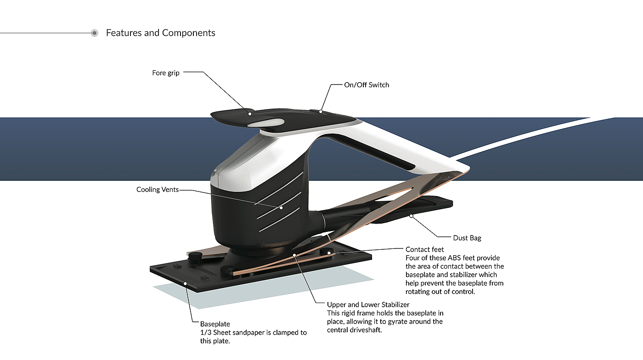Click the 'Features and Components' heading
(x=160, y=33)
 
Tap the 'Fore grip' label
(x=166, y=73)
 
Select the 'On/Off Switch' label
(x=367, y=85)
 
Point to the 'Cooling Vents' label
(x=158, y=190)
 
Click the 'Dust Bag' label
(x=467, y=238)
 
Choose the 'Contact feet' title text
(x=424, y=250)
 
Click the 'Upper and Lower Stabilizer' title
(x=368, y=304)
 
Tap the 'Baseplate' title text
(x=215, y=324)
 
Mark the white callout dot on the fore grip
(x=250, y=113)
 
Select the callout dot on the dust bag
(x=412, y=215)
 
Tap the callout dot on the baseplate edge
(x=185, y=284)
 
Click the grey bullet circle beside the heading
(x=95, y=33)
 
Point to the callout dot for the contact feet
(x=329, y=253)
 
